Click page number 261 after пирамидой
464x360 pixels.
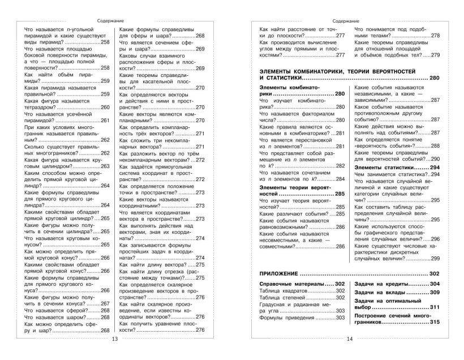pyautogui.click(x=105, y=120)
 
